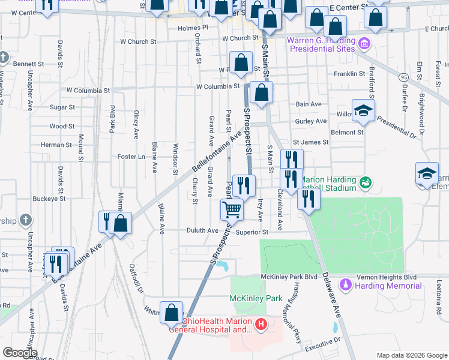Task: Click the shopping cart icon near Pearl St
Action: [x=232, y=209]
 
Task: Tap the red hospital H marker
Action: [x=261, y=325]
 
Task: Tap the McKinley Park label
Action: [x=256, y=298]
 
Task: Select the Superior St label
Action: [x=252, y=232]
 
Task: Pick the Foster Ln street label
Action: [x=132, y=157]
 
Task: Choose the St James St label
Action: [x=310, y=142]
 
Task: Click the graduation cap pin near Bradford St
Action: [x=363, y=110]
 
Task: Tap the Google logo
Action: [x=19, y=353]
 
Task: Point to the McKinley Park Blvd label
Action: [x=289, y=277]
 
